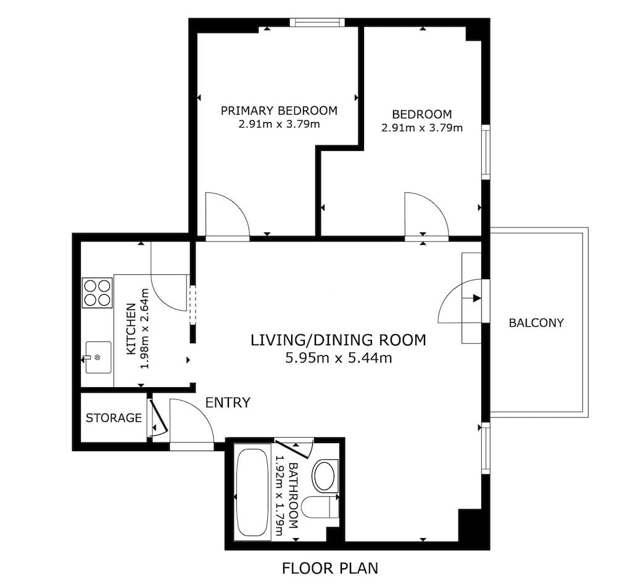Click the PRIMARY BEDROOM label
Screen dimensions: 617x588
[279, 110]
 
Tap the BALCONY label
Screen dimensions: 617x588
[536, 323]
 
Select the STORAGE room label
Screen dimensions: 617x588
[114, 418]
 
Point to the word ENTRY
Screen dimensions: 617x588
[228, 402]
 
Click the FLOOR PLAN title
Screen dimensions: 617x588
[330, 568]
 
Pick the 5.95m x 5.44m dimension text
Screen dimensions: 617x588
[339, 358]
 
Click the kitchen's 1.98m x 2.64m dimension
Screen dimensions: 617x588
[145, 329]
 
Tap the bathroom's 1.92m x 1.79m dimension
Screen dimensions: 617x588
[279, 496]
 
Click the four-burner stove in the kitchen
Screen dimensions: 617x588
[97, 293]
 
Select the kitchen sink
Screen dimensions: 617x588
[98, 357]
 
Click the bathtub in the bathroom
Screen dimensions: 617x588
[252, 492]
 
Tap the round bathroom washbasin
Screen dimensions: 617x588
[325, 476]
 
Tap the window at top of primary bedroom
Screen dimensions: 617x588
[317, 22]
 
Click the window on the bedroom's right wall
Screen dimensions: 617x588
[486, 152]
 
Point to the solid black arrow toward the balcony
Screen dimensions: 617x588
[477, 298]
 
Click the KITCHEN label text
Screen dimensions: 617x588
[131, 329]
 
